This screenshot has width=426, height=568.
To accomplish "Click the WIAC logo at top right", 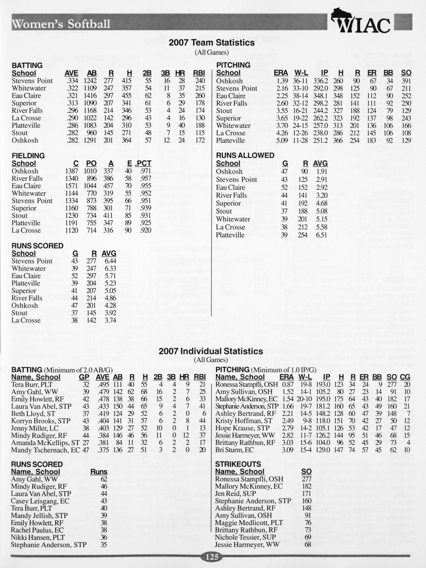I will (x=363, y=23).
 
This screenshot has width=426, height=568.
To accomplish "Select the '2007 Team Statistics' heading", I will (x=212, y=43).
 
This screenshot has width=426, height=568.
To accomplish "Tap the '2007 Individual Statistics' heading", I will (x=211, y=352).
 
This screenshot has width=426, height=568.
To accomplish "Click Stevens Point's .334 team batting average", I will (x=72, y=81).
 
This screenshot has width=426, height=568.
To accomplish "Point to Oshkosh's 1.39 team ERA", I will (x=282, y=81).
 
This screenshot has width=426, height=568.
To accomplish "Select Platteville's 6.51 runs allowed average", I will (x=321, y=235).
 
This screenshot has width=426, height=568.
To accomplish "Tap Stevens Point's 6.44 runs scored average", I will (x=109, y=261).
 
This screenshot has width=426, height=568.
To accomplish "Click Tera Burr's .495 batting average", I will (x=102, y=384).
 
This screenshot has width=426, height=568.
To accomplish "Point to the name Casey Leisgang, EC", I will (x=40, y=501).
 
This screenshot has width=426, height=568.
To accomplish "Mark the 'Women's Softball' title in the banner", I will (x=61, y=24).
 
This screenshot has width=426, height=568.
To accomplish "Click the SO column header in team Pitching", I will (x=406, y=73).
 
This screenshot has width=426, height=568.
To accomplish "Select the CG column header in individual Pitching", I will (x=405, y=377).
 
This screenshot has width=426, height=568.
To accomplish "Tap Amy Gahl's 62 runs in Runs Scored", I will (x=104, y=479).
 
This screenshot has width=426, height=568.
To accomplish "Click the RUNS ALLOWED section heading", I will (x=245, y=156).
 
